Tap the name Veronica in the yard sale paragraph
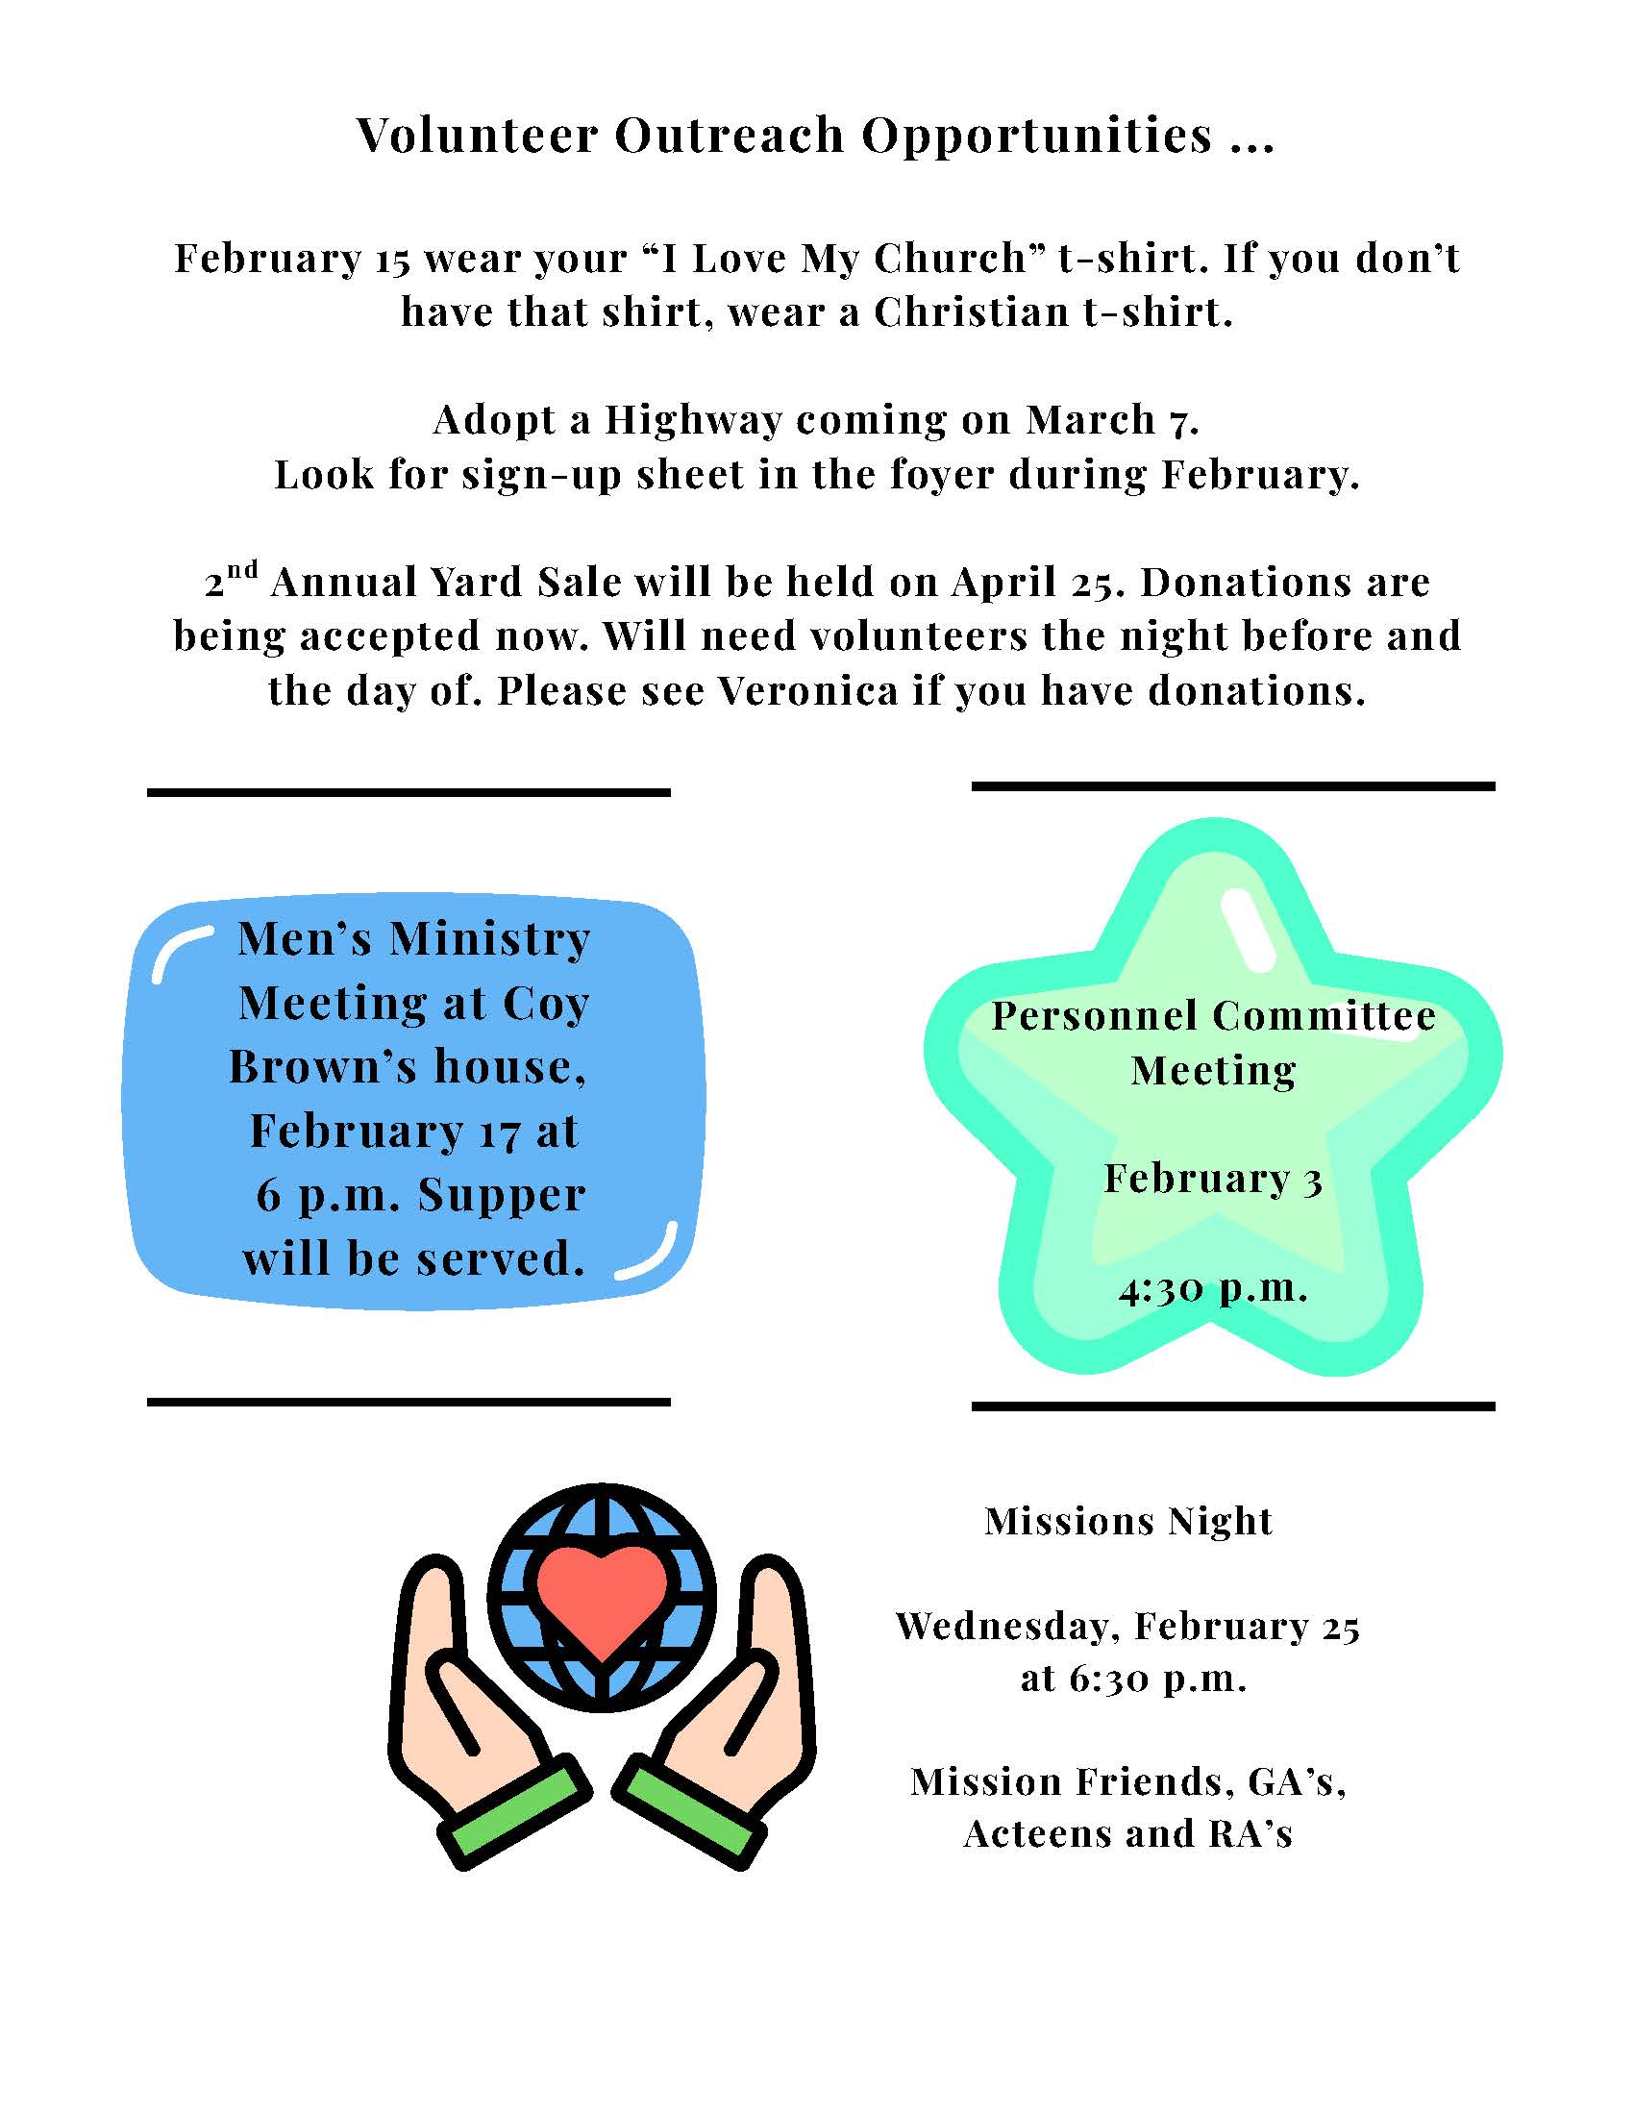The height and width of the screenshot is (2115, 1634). pyautogui.click(x=808, y=691)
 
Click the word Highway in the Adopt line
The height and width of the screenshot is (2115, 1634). pyautogui.click(x=693, y=420)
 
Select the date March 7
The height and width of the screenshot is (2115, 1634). pyautogui.click(x=1112, y=420)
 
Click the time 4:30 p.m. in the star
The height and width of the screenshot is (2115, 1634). pyautogui.click(x=1213, y=1289)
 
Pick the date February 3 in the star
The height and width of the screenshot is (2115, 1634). pyautogui.click(x=1213, y=1180)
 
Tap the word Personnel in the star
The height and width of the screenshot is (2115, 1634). pyautogui.click(x=1095, y=1017)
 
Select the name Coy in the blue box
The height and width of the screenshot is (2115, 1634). pyautogui.click(x=546, y=1004)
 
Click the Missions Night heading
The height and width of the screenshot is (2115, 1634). pyautogui.click(x=1127, y=1522)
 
